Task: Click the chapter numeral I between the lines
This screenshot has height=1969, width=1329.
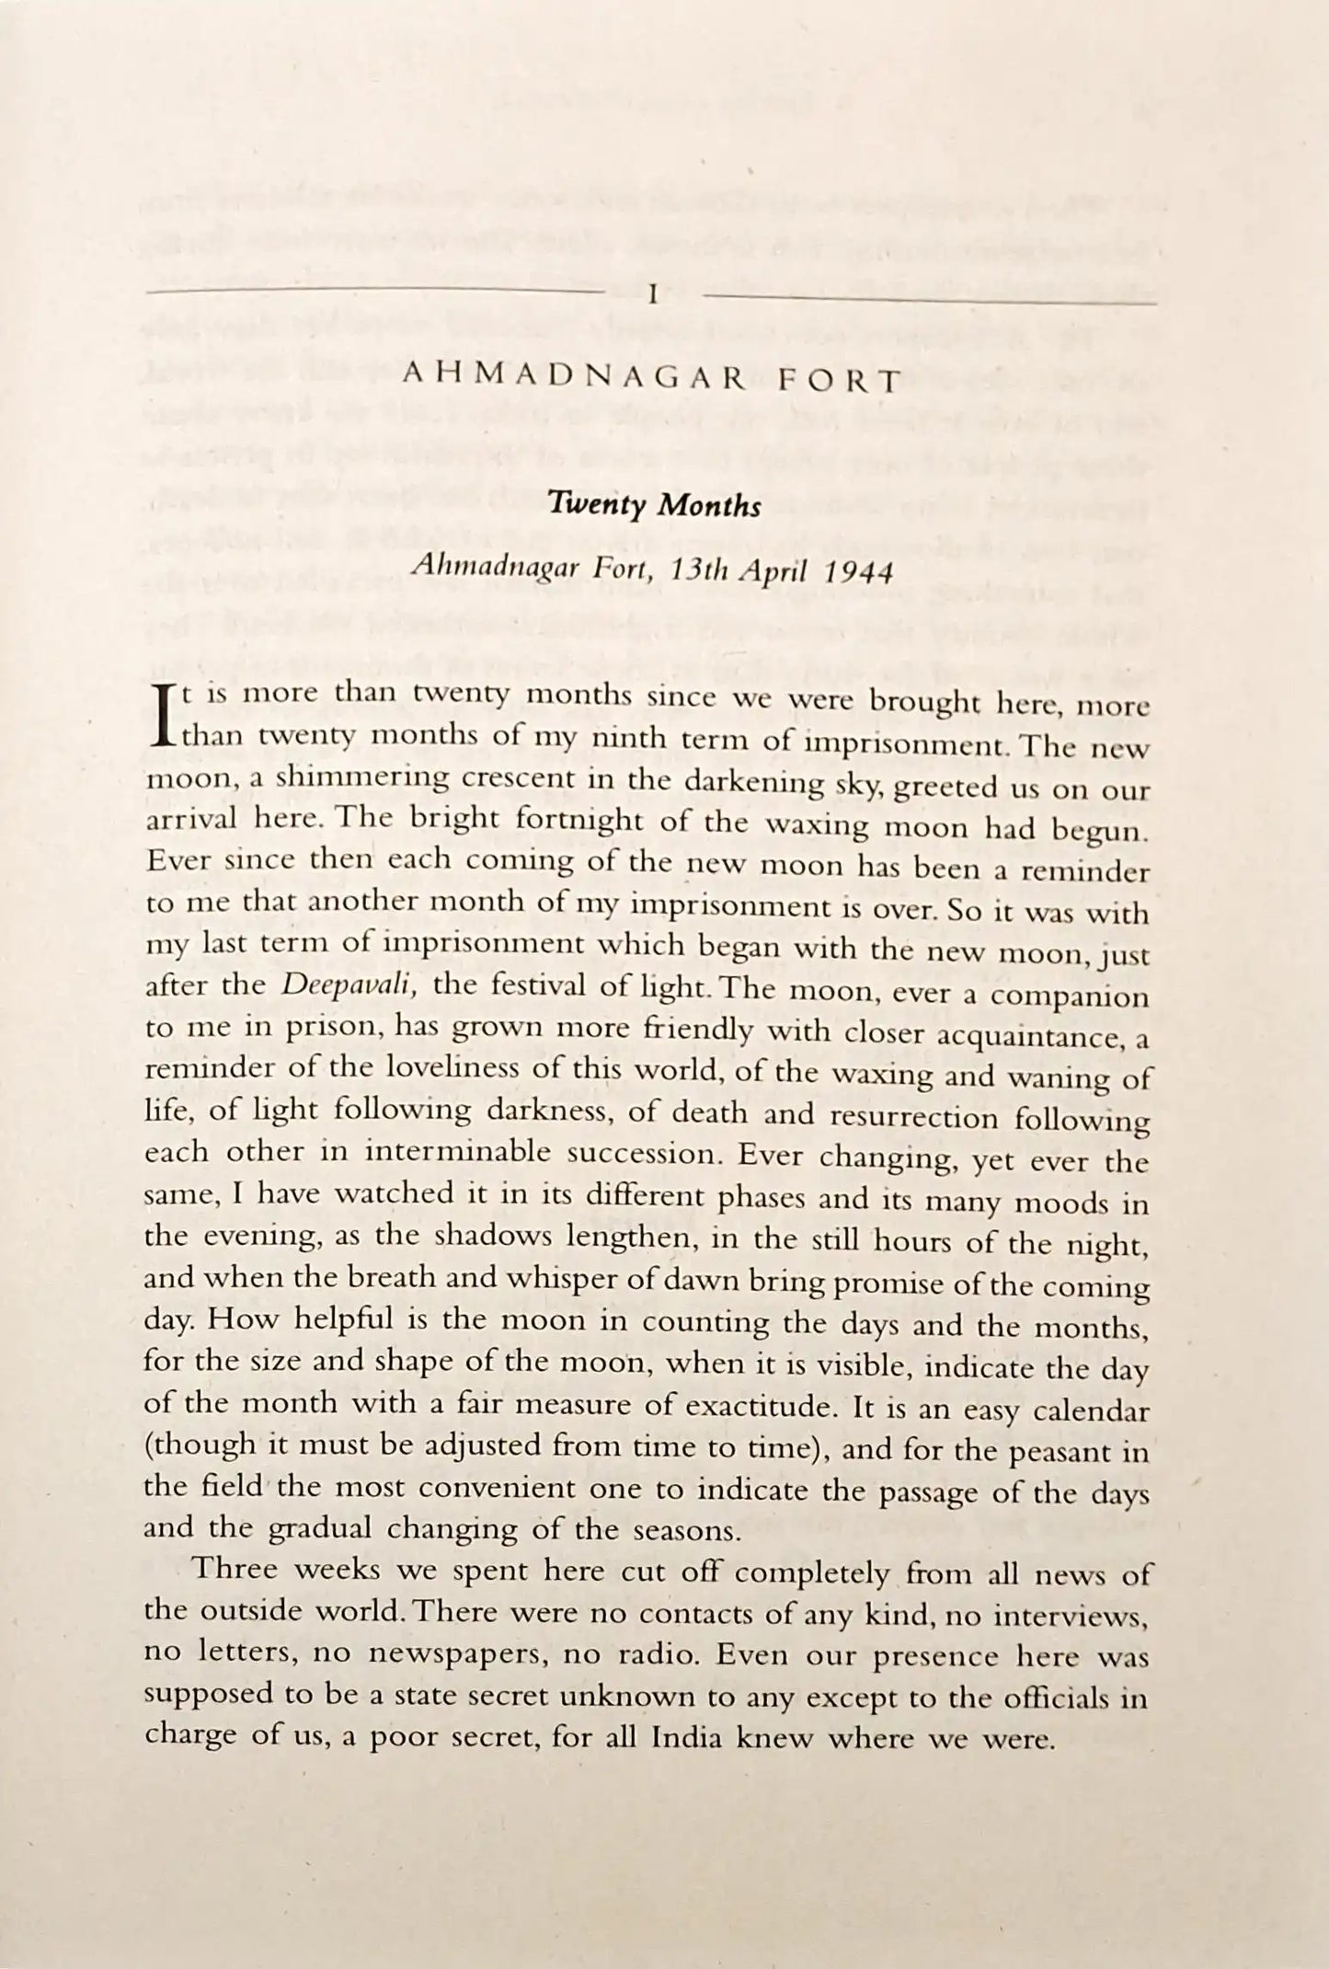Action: [652, 295]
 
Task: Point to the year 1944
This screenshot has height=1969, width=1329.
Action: [859, 572]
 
